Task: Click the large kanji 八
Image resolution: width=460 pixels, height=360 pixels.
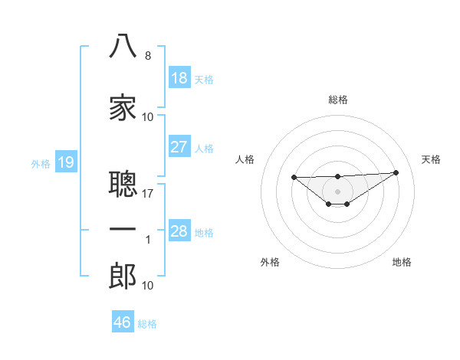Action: [x=123, y=46]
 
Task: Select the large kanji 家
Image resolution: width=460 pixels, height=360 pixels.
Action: [x=123, y=107]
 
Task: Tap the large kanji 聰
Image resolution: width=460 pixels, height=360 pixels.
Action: [x=123, y=184]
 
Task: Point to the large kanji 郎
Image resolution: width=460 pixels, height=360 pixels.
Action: [x=123, y=276]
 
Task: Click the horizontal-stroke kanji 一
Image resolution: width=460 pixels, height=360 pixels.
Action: [x=123, y=229]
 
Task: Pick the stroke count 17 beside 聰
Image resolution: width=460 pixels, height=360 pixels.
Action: [x=147, y=194]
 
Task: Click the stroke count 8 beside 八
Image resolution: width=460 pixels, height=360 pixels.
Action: [x=148, y=56]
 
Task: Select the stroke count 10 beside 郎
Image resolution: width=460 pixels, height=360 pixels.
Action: [x=147, y=285]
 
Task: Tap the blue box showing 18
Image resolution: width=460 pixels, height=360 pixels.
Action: [x=179, y=77]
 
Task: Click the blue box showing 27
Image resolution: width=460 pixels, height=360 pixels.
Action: [x=179, y=146]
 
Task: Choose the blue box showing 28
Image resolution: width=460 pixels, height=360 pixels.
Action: [x=179, y=230]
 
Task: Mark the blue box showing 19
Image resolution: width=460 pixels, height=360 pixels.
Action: [x=66, y=162]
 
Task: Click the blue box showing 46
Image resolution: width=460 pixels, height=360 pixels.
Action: [x=123, y=321]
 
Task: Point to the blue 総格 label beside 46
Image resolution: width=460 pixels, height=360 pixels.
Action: [x=147, y=324]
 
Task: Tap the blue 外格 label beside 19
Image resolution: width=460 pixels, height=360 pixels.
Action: [x=41, y=164]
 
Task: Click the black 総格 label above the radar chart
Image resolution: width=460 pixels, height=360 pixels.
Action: [x=337, y=100]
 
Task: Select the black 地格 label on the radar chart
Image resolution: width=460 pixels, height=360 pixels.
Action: [x=402, y=262]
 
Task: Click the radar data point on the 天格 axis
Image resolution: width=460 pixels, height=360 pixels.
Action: [x=396, y=172]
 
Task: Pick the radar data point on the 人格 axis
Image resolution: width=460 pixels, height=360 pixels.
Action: [x=294, y=177]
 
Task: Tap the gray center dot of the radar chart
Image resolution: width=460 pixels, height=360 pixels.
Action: [x=337, y=191]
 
